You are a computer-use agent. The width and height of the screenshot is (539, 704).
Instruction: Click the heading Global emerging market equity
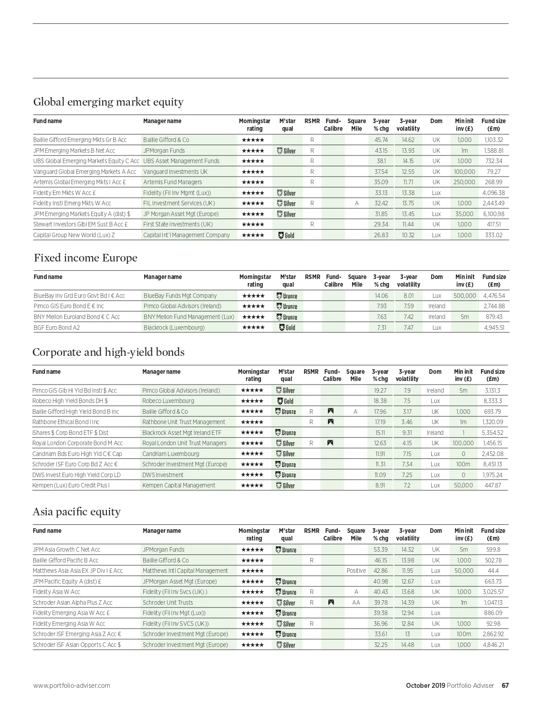(x=108, y=102)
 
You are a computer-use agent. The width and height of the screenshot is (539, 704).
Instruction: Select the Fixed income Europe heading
(x=85, y=258)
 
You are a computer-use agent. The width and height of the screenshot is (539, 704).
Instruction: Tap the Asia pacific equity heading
(x=77, y=512)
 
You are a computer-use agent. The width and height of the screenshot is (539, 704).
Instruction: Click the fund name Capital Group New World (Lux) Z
(x=74, y=235)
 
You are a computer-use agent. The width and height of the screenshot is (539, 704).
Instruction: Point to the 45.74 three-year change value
(x=381, y=140)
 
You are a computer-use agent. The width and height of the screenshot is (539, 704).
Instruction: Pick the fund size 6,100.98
(x=494, y=214)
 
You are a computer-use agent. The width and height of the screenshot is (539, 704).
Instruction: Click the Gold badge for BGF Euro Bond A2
(x=287, y=328)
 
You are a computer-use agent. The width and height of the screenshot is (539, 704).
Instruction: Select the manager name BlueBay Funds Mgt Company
(x=180, y=296)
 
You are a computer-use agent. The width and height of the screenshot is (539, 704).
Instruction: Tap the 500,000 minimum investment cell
(x=464, y=296)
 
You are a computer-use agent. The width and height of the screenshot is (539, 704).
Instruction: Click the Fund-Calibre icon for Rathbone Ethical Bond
(x=331, y=422)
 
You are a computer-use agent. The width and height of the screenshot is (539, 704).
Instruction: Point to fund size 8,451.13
(x=492, y=464)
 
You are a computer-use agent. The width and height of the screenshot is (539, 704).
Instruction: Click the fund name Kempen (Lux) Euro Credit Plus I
(x=71, y=485)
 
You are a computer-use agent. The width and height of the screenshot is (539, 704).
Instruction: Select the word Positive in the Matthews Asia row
(x=356, y=571)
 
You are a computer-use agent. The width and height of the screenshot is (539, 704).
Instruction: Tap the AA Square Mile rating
(x=356, y=602)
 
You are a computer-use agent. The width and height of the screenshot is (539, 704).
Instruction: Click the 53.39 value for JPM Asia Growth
(x=380, y=549)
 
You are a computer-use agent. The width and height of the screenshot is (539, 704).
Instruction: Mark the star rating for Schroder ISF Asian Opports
(x=253, y=645)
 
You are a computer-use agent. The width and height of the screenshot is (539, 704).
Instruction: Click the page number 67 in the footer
(x=505, y=686)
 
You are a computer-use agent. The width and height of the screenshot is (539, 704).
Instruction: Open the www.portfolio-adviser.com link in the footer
(x=71, y=686)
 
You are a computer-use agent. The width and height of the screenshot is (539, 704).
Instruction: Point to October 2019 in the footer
(x=425, y=686)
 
